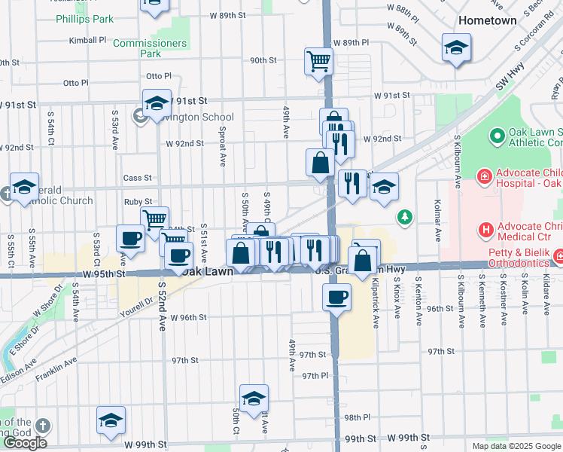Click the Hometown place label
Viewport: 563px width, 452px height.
coord(488,20)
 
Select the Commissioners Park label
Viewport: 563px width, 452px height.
coord(150,48)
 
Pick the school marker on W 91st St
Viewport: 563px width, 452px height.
coord(156,102)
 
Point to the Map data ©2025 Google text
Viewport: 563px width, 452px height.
coord(516,446)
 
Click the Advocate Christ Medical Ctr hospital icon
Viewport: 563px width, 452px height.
coord(486,229)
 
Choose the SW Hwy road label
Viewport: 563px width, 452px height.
coord(509,82)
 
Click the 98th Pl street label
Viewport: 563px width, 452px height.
coord(357,417)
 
